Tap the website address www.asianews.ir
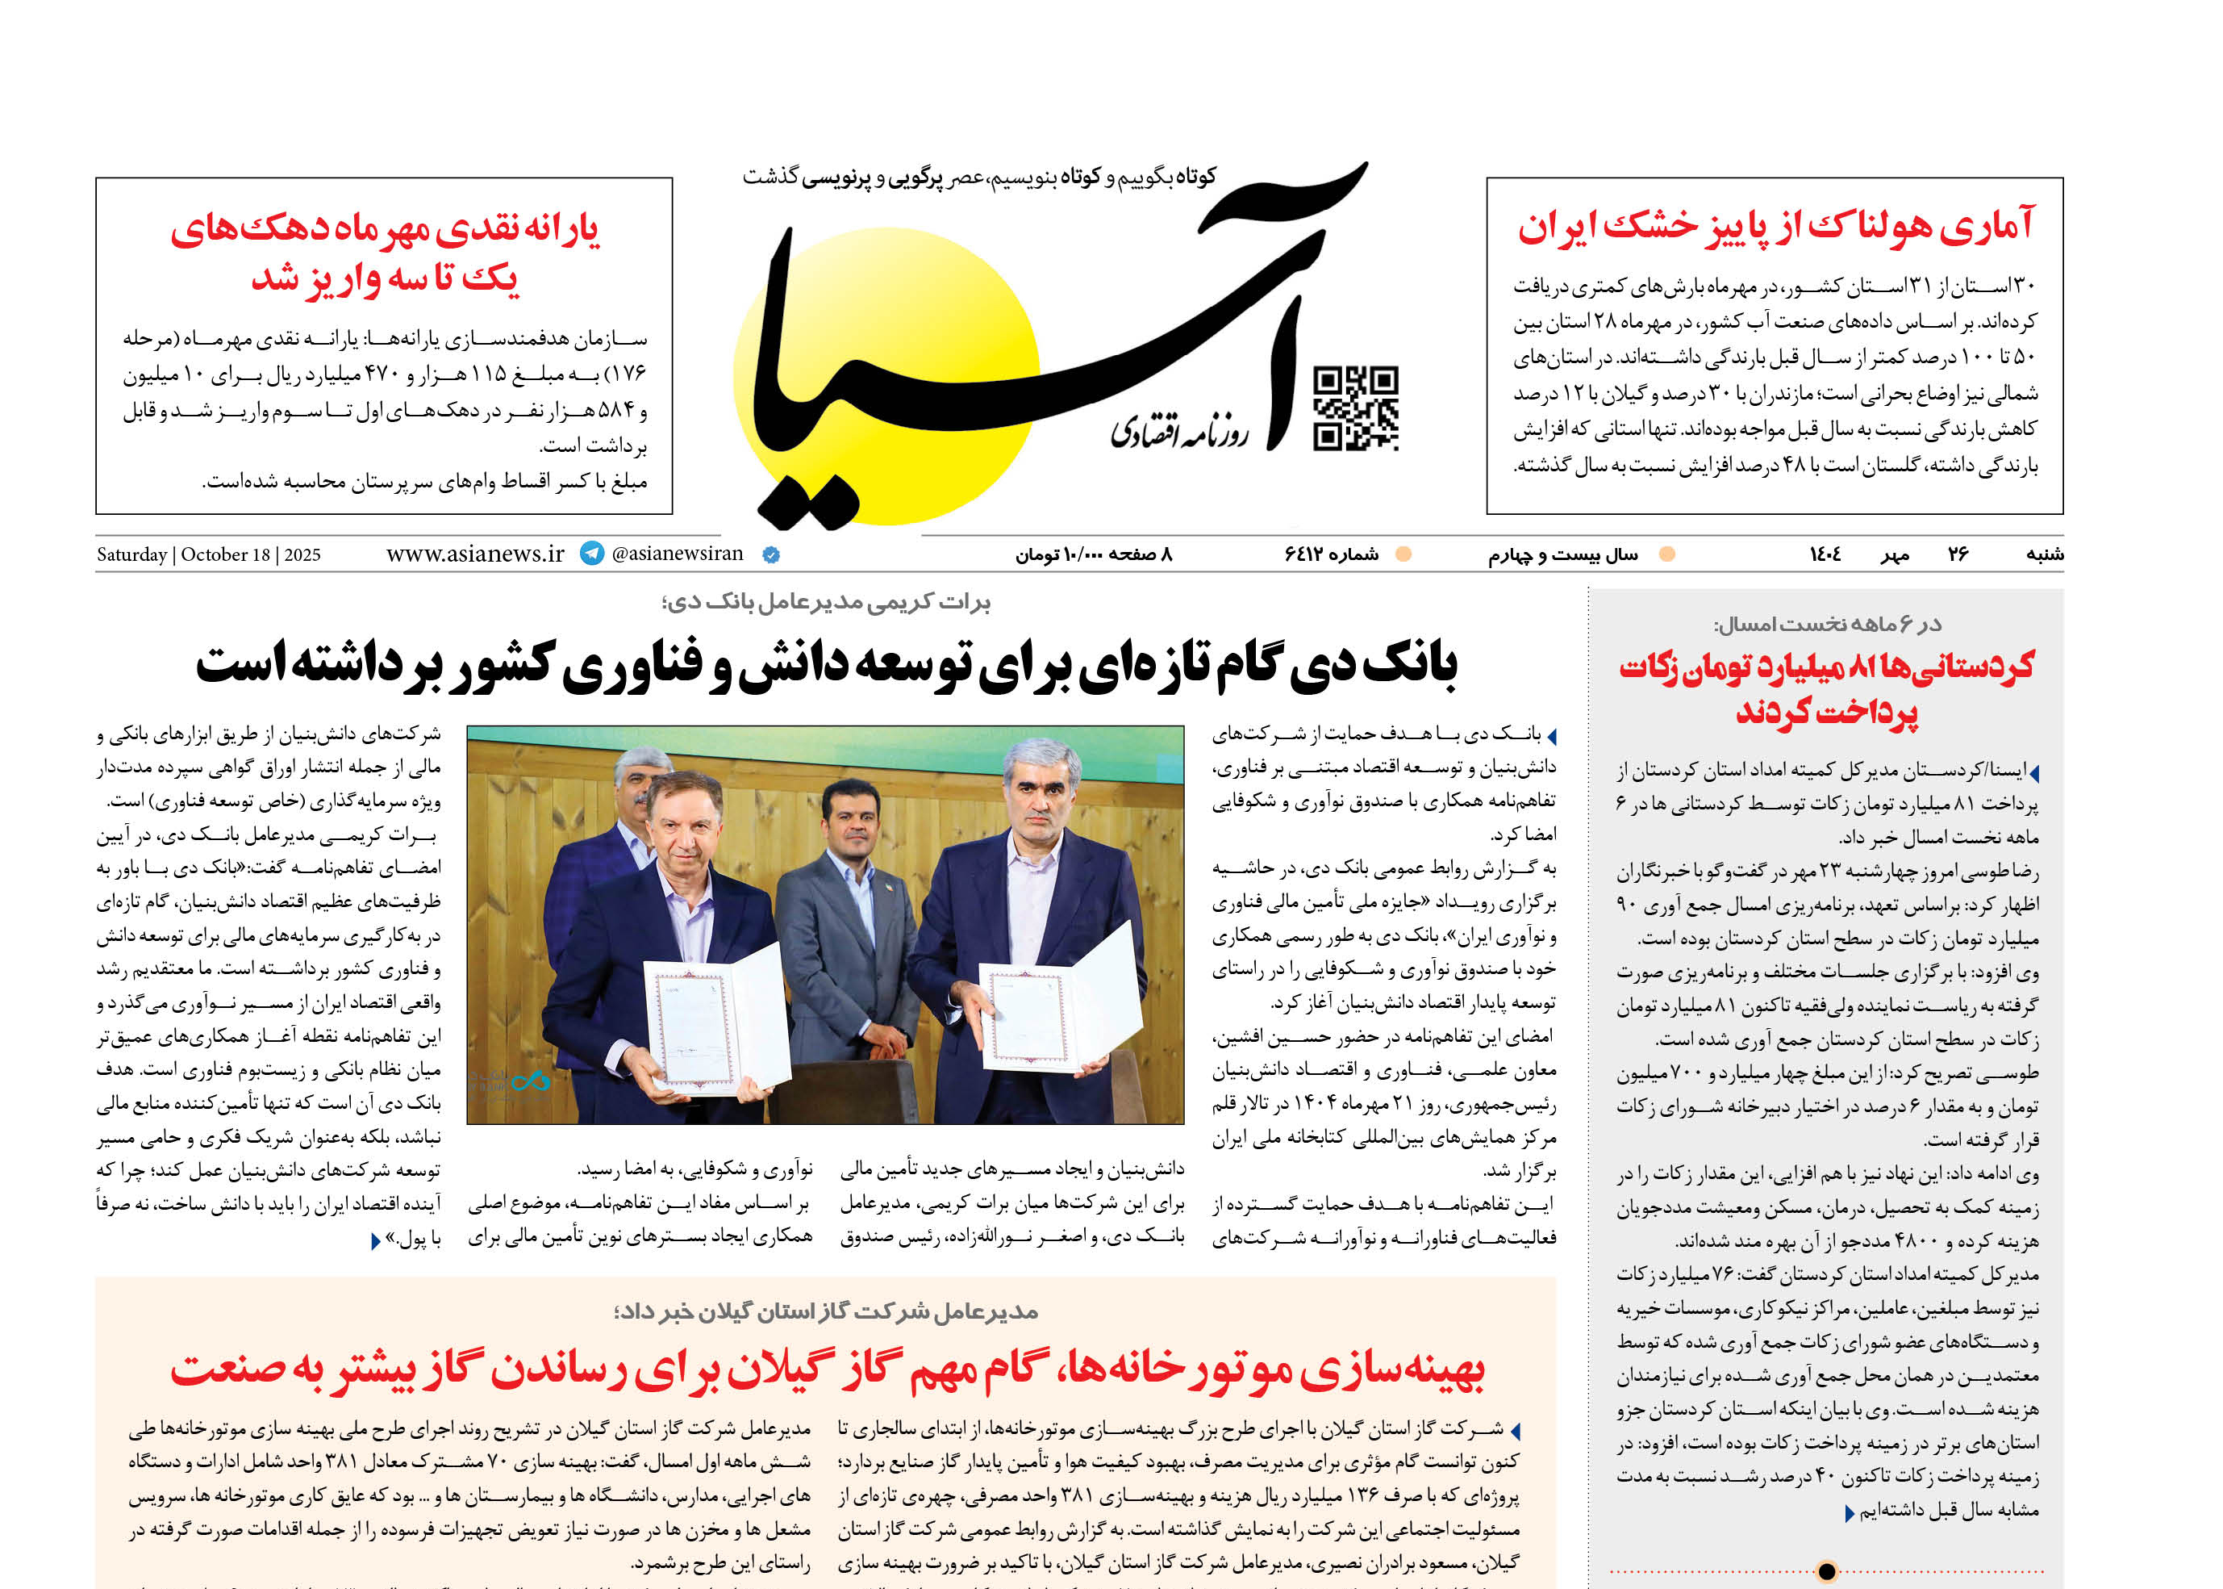coord(475,554)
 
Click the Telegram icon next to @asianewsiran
coord(592,554)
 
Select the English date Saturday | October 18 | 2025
coord(208,554)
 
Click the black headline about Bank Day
coord(827,665)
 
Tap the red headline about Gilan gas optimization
coord(828,1369)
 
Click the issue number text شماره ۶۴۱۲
coord(1331,554)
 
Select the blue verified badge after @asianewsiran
coord(770,554)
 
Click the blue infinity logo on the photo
coord(530,1081)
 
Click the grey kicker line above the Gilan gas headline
coord(827,1311)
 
